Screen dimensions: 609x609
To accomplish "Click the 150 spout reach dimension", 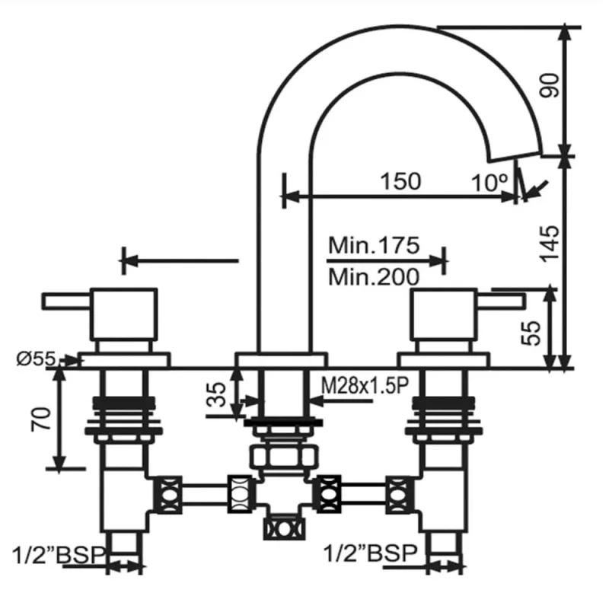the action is [x=400, y=181].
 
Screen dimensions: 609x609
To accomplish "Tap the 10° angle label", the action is [x=489, y=183].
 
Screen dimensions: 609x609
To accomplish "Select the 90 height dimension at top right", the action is [x=550, y=85].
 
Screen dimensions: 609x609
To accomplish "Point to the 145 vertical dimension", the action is [x=550, y=243].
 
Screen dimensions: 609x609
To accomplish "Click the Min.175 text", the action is [x=374, y=245].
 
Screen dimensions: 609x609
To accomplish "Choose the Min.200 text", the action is [x=374, y=277].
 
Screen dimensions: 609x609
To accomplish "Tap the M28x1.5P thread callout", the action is [x=365, y=386].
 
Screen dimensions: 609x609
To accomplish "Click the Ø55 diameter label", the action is [x=36, y=359].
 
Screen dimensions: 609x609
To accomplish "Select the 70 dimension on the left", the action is [x=41, y=419].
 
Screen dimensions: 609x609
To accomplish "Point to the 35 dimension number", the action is [x=216, y=394].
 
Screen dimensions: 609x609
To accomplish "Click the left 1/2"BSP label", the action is [x=59, y=555].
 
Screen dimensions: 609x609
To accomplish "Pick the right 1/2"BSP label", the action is [x=370, y=553].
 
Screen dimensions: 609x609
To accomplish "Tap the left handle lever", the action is [x=66, y=301].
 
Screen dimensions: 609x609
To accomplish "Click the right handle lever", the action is [x=501, y=301].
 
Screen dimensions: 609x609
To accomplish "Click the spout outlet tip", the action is [x=515, y=155].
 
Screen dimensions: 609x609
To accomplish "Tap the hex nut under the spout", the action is [x=283, y=457].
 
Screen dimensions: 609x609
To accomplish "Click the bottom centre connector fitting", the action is [x=284, y=529].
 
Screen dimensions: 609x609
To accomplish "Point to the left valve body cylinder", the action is [x=124, y=314].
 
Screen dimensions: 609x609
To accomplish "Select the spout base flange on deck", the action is [x=281, y=359].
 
